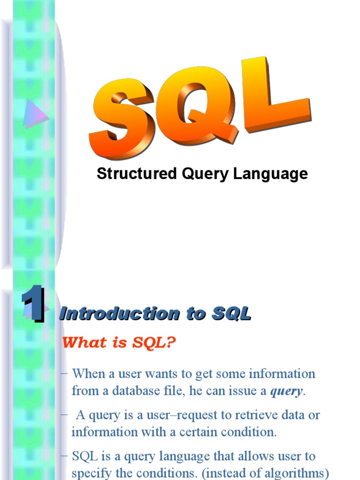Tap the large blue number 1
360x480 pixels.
click(x=33, y=305)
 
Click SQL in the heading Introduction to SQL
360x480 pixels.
click(x=232, y=314)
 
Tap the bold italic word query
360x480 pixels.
click(x=286, y=391)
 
